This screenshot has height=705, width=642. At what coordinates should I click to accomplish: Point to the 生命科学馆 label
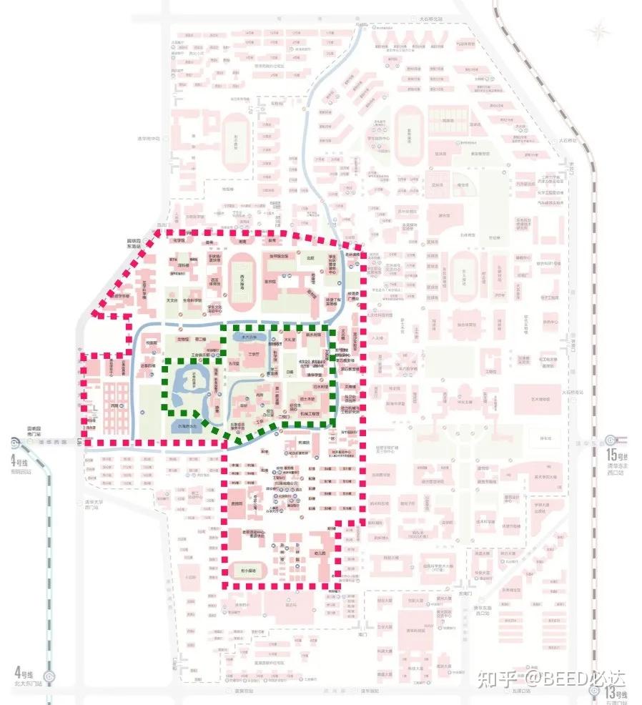pyautogui.click(x=193, y=300)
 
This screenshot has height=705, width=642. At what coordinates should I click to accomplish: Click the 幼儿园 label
pyautogui.click(x=320, y=553)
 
